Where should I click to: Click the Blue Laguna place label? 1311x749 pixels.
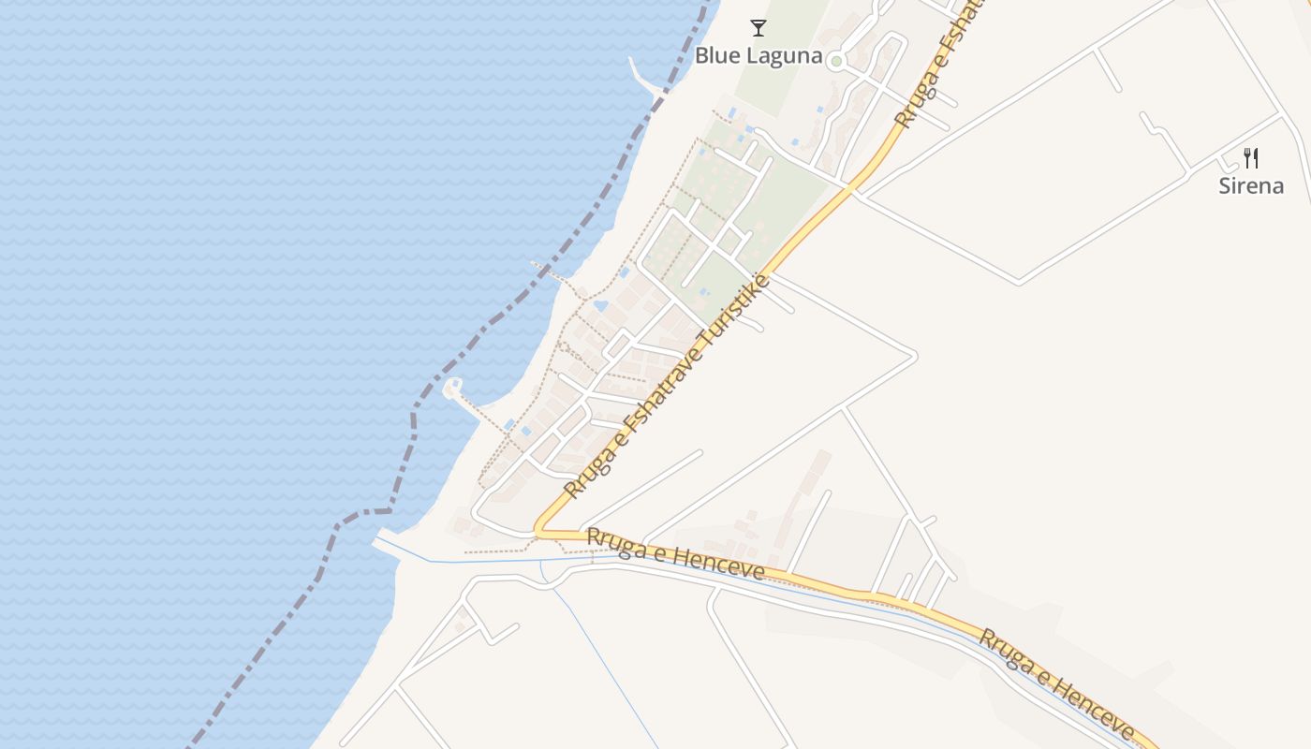click(x=758, y=56)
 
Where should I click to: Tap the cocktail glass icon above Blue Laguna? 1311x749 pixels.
click(x=759, y=28)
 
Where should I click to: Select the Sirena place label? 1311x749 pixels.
click(x=1250, y=185)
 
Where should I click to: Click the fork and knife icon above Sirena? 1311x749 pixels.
click(x=1251, y=157)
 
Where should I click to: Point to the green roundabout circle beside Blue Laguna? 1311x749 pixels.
click(x=837, y=62)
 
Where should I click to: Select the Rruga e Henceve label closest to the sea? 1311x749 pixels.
click(x=675, y=553)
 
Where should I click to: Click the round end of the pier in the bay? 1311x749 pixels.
click(x=454, y=386)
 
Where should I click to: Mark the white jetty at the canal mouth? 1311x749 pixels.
click(x=387, y=543)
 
